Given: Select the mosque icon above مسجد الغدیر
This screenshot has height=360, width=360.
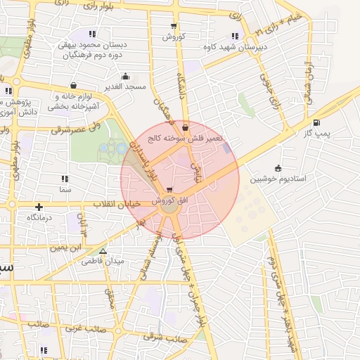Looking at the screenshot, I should (126, 77).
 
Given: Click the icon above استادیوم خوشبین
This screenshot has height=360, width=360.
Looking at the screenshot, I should (278, 168).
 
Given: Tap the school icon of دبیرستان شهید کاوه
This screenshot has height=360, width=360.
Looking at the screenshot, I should (235, 36).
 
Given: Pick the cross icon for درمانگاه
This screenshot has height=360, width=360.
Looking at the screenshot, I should (39, 207).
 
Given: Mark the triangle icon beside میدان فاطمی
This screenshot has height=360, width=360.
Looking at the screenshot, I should (103, 250).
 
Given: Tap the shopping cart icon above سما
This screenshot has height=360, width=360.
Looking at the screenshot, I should (66, 180).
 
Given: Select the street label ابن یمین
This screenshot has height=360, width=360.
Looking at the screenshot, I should (65, 248).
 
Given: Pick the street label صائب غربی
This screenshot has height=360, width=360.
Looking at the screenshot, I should (86, 328).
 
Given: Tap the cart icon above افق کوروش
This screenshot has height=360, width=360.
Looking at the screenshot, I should (169, 190).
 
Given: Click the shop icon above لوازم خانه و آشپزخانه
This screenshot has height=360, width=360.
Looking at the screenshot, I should (74, 86).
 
